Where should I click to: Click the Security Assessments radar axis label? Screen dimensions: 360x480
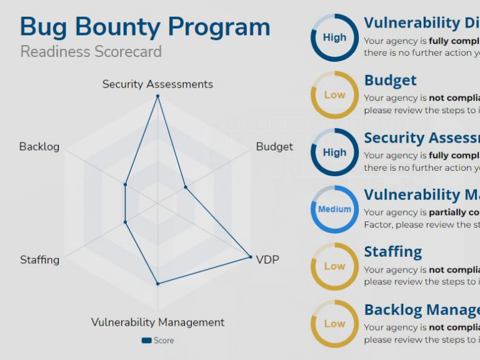(x=157, y=84)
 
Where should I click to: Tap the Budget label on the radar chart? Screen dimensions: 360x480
(x=274, y=146)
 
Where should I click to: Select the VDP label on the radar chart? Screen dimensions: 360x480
(x=267, y=259)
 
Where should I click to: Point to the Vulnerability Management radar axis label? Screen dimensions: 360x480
(x=157, y=322)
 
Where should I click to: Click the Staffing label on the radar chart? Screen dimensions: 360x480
(x=39, y=259)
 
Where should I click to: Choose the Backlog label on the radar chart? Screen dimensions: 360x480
(x=39, y=146)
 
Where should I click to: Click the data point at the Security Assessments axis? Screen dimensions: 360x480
(x=157, y=96)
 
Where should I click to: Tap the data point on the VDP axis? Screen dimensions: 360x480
(x=251, y=257)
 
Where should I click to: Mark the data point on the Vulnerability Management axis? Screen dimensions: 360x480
(x=157, y=284)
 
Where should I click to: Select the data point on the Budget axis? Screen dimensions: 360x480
(x=185, y=187)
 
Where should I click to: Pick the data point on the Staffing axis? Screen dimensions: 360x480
(x=126, y=222)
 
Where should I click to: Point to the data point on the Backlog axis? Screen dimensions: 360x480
(x=126, y=184)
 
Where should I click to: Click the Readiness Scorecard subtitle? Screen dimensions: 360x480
(x=91, y=51)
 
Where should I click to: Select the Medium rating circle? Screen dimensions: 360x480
(x=334, y=209)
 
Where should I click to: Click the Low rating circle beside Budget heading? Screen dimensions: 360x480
(x=334, y=95)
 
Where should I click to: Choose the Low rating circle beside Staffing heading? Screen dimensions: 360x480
(x=334, y=266)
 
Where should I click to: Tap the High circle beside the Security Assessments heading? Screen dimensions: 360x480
(x=334, y=152)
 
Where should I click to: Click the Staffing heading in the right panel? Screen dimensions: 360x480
(x=392, y=252)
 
